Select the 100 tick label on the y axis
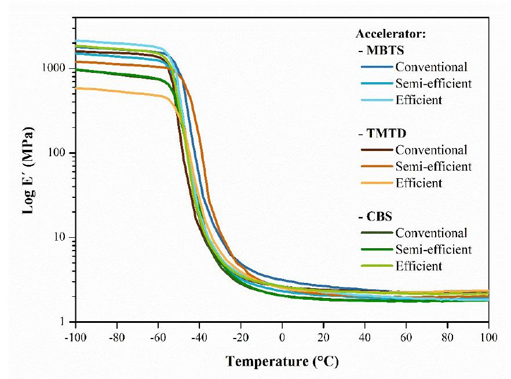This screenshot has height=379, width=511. pyautogui.click(x=60, y=153)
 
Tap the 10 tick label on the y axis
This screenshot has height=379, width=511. pyautogui.click(x=63, y=237)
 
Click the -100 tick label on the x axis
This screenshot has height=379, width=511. pyautogui.click(x=75, y=336)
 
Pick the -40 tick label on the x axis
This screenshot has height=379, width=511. pyautogui.click(x=199, y=336)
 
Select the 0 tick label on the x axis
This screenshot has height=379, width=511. pyautogui.click(x=282, y=336)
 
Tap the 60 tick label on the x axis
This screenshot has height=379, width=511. pyautogui.click(x=406, y=336)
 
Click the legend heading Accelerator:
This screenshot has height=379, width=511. pyautogui.click(x=390, y=34)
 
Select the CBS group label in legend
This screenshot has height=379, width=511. pyautogui.click(x=375, y=217)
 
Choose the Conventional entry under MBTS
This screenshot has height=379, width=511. pyautogui.click(x=431, y=67)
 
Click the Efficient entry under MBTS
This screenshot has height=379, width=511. pyautogui.click(x=419, y=100)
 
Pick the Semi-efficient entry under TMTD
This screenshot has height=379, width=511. pyautogui.click(x=433, y=167)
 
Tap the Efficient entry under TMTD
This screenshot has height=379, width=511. pyautogui.click(x=419, y=183)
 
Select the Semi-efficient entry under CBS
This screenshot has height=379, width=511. pyautogui.click(x=433, y=249)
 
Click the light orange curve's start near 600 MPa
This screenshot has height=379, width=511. pyautogui.click(x=78, y=88)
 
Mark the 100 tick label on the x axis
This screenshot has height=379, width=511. pyautogui.click(x=488, y=336)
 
